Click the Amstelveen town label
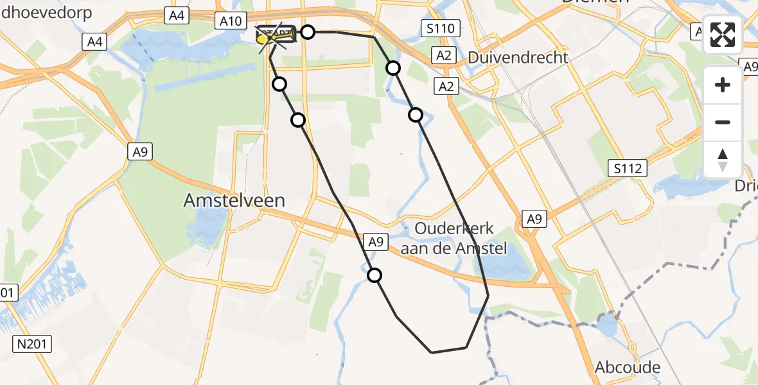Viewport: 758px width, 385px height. tap(234, 200)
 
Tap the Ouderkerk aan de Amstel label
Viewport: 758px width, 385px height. tap(454, 238)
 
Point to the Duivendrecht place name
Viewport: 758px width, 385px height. tap(518, 57)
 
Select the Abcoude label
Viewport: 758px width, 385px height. tap(628, 368)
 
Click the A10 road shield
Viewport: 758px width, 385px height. tap(230, 21)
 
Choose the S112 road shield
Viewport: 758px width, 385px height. tap(627, 169)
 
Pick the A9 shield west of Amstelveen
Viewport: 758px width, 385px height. tap(140, 151)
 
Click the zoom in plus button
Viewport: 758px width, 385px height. tap(723, 85)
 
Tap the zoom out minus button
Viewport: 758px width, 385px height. tap(723, 122)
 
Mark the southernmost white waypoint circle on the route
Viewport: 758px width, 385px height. tap(375, 275)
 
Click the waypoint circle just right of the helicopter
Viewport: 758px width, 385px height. tap(308, 32)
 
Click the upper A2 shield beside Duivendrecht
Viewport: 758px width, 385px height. tap(444, 56)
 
